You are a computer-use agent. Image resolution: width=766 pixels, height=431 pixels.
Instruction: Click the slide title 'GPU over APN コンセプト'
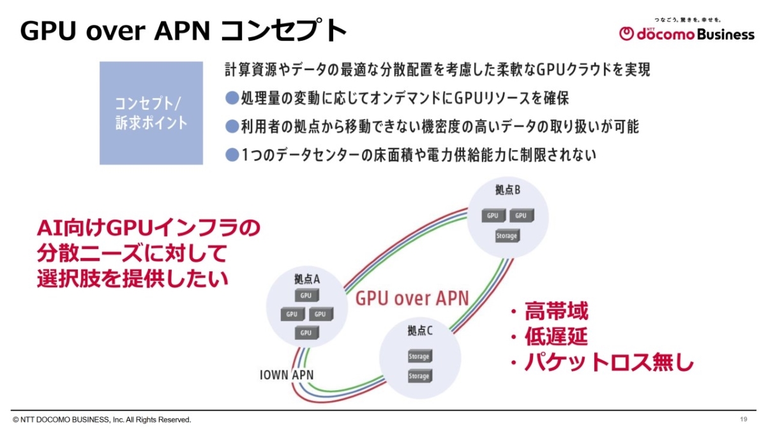[184, 31]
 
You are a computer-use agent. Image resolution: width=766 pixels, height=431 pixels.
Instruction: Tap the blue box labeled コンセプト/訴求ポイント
[151, 113]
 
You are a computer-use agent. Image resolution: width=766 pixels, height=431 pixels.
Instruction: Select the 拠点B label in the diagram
[507, 190]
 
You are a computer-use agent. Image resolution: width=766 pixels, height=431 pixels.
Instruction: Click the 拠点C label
[420, 331]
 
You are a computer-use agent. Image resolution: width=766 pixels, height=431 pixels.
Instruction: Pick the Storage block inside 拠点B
[507, 236]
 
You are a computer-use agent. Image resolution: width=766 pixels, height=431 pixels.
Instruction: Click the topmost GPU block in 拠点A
[306, 296]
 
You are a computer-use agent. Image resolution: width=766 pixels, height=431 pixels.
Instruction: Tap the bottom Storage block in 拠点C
[419, 376]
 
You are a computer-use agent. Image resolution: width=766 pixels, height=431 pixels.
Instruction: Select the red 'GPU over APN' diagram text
[412, 298]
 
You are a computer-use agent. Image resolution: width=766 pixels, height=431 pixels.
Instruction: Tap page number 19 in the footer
[744, 419]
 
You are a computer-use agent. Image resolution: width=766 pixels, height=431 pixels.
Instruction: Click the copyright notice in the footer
[101, 420]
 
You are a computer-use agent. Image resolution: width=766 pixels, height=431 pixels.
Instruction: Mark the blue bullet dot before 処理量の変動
[232, 98]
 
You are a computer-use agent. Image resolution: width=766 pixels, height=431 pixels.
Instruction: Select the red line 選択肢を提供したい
[132, 278]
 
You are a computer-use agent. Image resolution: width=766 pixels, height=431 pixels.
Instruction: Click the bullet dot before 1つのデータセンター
[232, 155]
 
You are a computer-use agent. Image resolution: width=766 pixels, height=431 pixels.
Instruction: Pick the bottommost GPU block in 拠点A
[306, 332]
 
